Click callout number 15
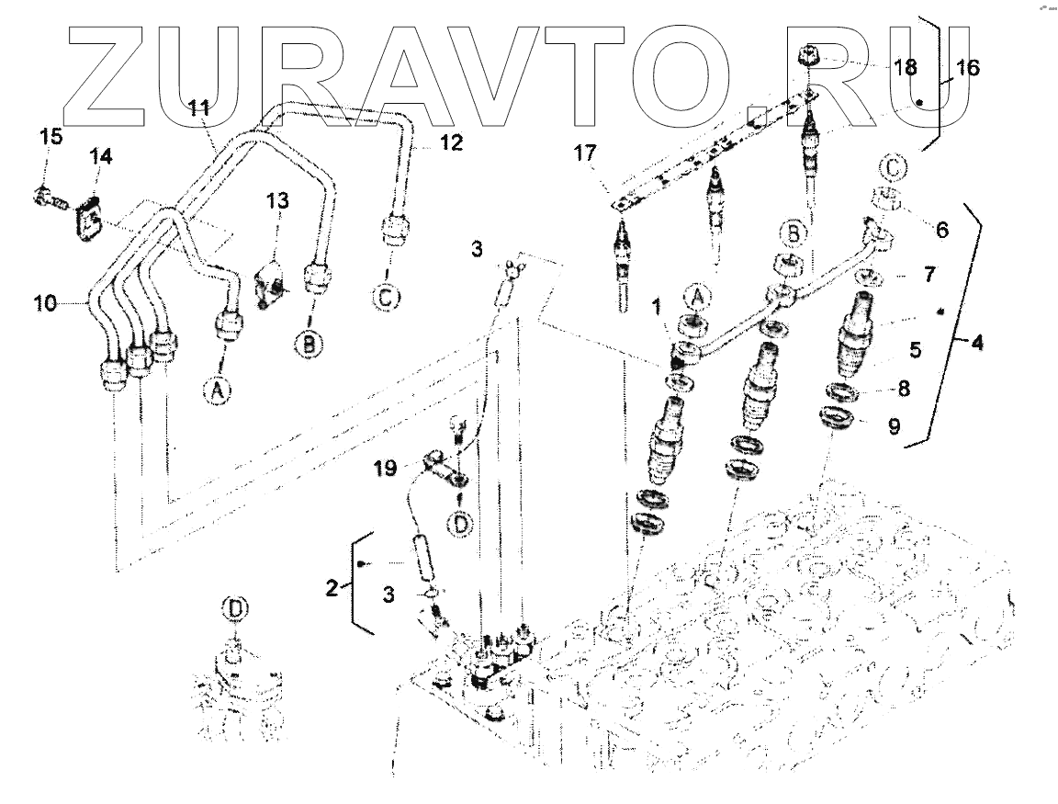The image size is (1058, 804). tap(51, 137)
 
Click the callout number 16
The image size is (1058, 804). tap(967, 67)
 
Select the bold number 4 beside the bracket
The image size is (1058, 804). tap(976, 343)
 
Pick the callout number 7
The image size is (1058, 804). tap(906, 276)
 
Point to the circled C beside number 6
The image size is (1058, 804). tap(890, 168)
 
